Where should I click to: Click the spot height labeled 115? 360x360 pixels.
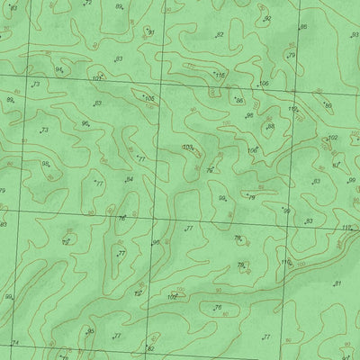point(220,75)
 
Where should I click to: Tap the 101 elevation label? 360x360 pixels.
point(96,79)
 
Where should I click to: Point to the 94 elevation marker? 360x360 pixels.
point(58,69)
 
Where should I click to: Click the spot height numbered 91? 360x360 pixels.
point(152,32)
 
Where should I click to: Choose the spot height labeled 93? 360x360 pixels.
point(355,35)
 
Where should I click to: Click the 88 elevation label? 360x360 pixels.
point(270,127)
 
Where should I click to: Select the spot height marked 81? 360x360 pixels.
point(337,283)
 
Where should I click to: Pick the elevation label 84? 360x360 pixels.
point(130,179)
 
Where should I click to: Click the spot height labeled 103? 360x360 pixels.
point(186,148)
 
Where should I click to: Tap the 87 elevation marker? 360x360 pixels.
point(336,166)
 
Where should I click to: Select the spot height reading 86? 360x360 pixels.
point(239,101)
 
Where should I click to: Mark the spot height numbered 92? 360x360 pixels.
point(267,18)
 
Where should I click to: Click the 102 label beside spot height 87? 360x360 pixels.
point(332,138)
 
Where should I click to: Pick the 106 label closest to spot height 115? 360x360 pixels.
point(264,84)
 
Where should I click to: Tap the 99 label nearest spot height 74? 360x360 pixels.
point(8,296)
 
